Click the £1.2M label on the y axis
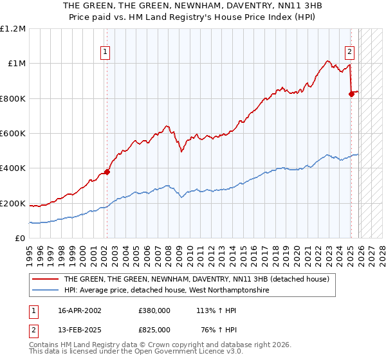13,28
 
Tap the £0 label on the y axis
21,238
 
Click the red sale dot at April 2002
107,172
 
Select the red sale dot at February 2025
351,94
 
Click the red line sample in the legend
45,279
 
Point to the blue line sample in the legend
45,290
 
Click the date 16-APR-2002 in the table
80,310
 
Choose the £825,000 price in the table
154,329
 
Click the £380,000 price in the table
154,310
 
